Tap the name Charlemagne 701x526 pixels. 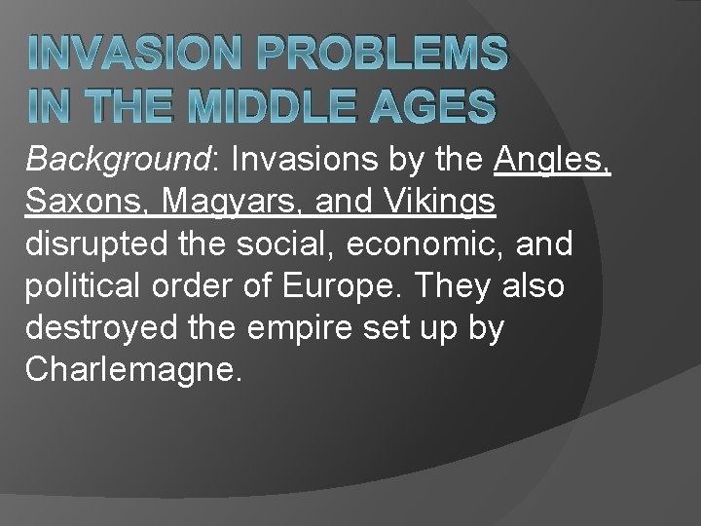pyautogui.click(x=131, y=372)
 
